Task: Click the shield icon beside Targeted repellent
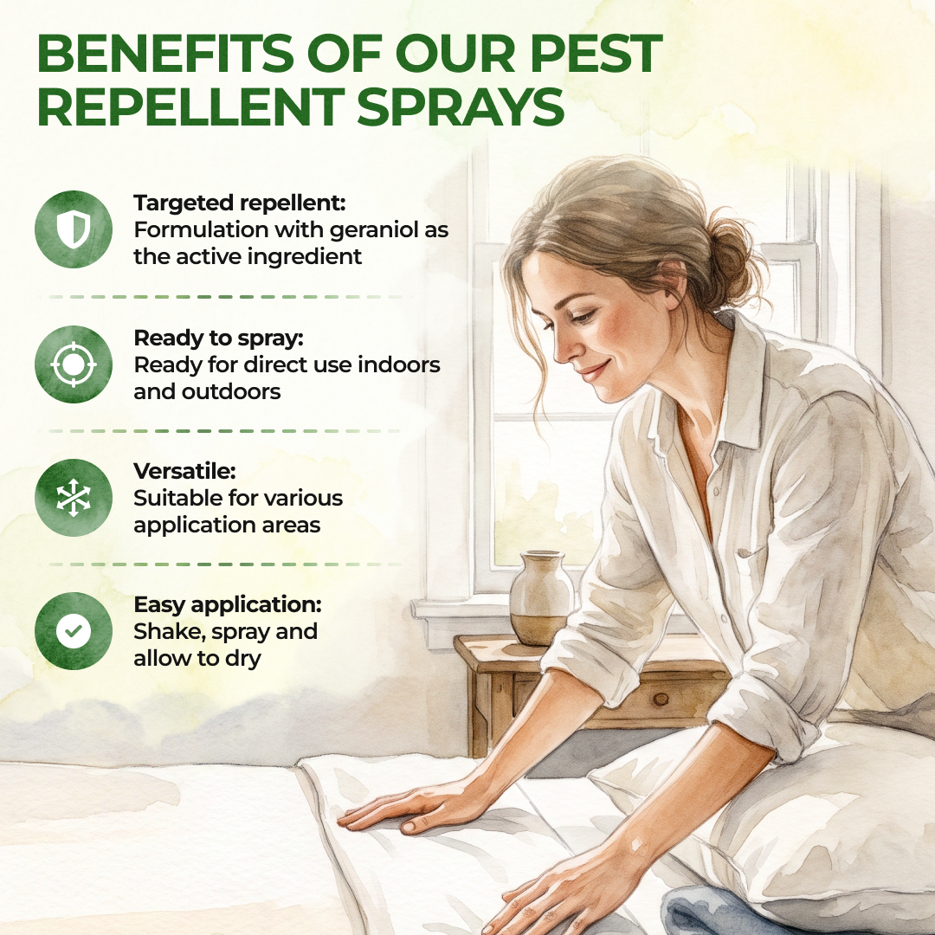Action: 74,229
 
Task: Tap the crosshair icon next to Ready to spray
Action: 74,364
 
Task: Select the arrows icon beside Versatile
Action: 74,497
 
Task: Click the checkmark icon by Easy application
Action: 74,631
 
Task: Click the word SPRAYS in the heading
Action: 461,107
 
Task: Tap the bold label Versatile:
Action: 185,471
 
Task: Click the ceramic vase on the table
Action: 541,598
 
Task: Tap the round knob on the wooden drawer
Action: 661,699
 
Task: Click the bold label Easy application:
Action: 228,604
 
